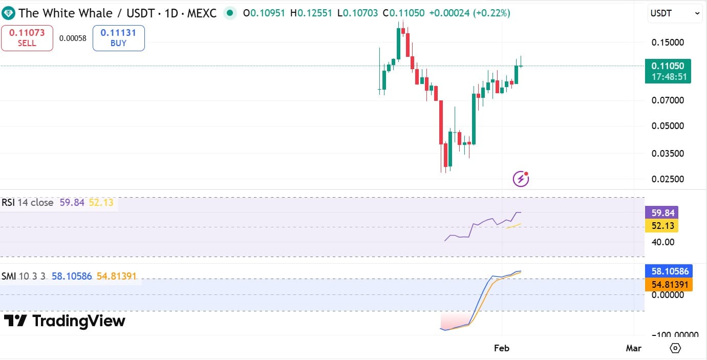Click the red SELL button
(27, 38)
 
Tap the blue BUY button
(118, 38)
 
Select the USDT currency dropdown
(675, 14)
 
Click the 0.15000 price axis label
(668, 42)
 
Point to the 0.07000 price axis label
(668, 100)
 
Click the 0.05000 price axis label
(668, 126)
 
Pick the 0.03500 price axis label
(668, 153)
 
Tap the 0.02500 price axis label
(668, 179)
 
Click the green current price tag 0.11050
(668, 71)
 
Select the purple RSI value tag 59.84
(663, 213)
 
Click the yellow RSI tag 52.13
(663, 225)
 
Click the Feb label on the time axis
(502, 348)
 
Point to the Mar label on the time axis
(633, 348)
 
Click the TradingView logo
(65, 321)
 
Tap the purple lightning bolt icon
(521, 179)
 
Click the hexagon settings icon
(675, 348)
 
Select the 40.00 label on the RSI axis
(663, 242)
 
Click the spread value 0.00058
(73, 38)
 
